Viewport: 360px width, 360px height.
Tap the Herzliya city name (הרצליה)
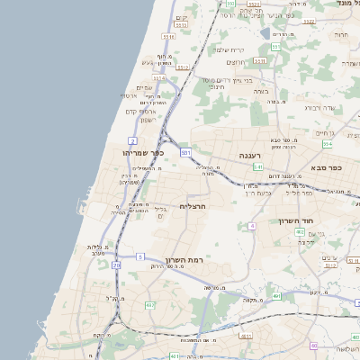194,206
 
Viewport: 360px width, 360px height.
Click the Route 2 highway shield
132,141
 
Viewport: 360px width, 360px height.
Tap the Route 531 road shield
185,154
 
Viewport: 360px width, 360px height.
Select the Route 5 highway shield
140,257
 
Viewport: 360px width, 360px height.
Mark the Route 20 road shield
116,265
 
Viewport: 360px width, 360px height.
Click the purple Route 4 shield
313,346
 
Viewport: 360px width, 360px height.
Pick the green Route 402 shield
300,232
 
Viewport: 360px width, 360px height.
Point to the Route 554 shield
328,144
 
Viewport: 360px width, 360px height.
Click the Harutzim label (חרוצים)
236,61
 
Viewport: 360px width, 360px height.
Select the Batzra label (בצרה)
261,90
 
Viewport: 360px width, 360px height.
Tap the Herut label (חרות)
341,34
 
